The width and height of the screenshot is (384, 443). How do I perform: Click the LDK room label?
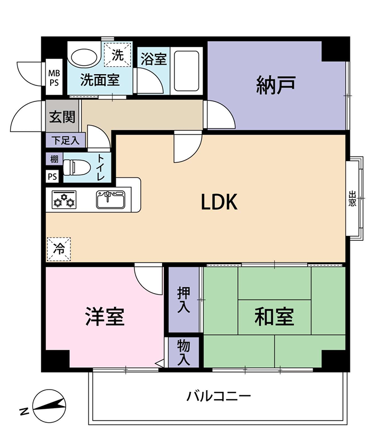219,202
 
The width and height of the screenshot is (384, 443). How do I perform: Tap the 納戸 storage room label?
276,85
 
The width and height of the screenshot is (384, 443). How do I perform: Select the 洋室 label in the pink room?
105,317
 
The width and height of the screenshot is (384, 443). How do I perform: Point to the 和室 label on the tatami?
274,317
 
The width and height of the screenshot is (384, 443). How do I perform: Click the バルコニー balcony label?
219,396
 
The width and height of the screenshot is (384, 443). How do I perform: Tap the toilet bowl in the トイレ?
76,168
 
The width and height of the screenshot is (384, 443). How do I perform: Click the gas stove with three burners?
64,200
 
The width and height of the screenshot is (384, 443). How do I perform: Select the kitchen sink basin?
111,200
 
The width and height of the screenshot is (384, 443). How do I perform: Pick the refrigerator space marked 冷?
59,249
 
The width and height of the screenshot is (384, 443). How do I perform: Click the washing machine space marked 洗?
118,55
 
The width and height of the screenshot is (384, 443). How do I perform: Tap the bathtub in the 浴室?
186,71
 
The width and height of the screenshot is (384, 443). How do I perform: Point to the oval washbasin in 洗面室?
84,57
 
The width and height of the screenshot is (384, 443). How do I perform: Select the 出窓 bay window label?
352,199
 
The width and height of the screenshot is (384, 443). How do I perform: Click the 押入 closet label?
184,300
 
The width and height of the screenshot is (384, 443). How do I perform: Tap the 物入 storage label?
184,352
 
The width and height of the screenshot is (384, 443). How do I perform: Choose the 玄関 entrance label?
62,116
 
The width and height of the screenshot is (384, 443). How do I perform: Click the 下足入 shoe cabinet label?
65,140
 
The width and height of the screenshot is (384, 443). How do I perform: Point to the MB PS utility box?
54,78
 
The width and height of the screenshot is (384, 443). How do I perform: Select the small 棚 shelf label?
54,159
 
